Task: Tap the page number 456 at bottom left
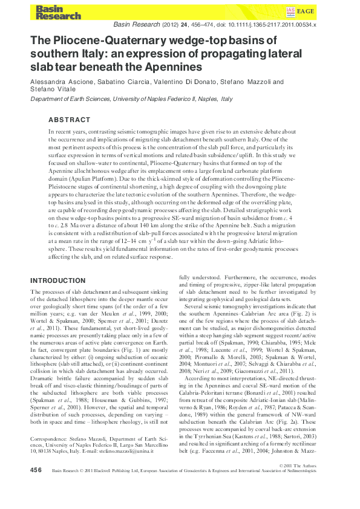click(36, 486)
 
